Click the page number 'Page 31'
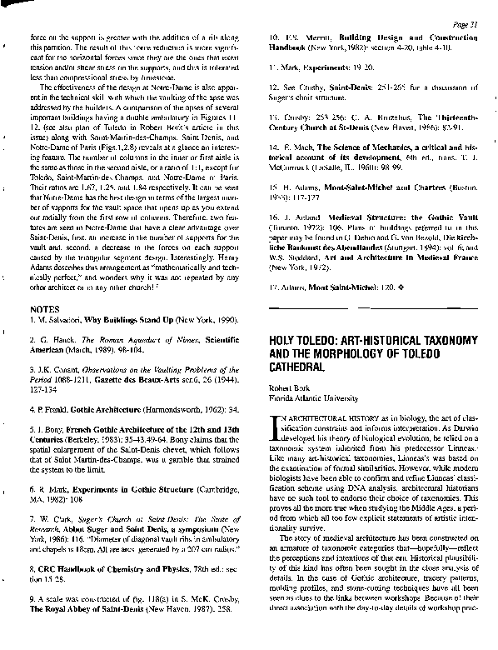(464, 23)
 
